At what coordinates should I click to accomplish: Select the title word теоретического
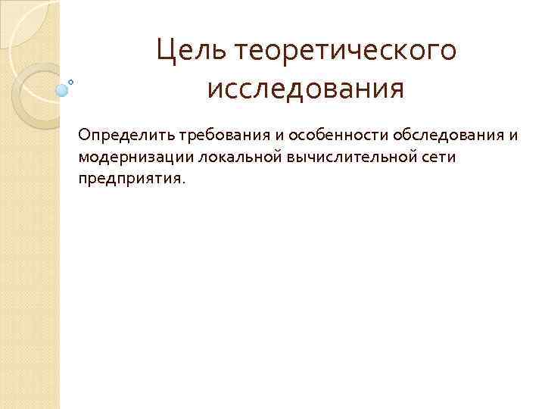pyautogui.click(x=347, y=52)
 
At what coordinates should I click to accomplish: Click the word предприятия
pyautogui.click(x=127, y=179)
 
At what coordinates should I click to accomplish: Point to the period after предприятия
pyautogui.click(x=182, y=182)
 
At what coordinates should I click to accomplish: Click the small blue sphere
pyautogui.click(x=62, y=90)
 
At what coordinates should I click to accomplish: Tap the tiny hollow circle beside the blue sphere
pyautogui.click(x=71, y=81)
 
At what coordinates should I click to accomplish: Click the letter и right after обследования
pyautogui.click(x=493, y=135)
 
